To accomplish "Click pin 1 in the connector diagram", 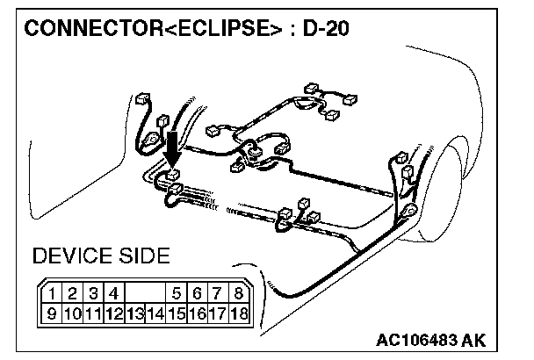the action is [54, 294].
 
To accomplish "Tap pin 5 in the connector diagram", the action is [177, 294].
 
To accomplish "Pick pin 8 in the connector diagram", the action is [238, 294].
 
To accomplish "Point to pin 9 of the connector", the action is [54, 312].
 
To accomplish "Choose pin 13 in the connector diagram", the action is [135, 313].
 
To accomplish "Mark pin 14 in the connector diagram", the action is [156, 313].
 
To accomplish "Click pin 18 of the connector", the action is [238, 312].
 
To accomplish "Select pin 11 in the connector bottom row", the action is [94, 312].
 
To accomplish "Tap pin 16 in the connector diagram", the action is [198, 312].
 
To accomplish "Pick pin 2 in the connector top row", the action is [75, 294].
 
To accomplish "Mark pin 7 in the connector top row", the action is [218, 294].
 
